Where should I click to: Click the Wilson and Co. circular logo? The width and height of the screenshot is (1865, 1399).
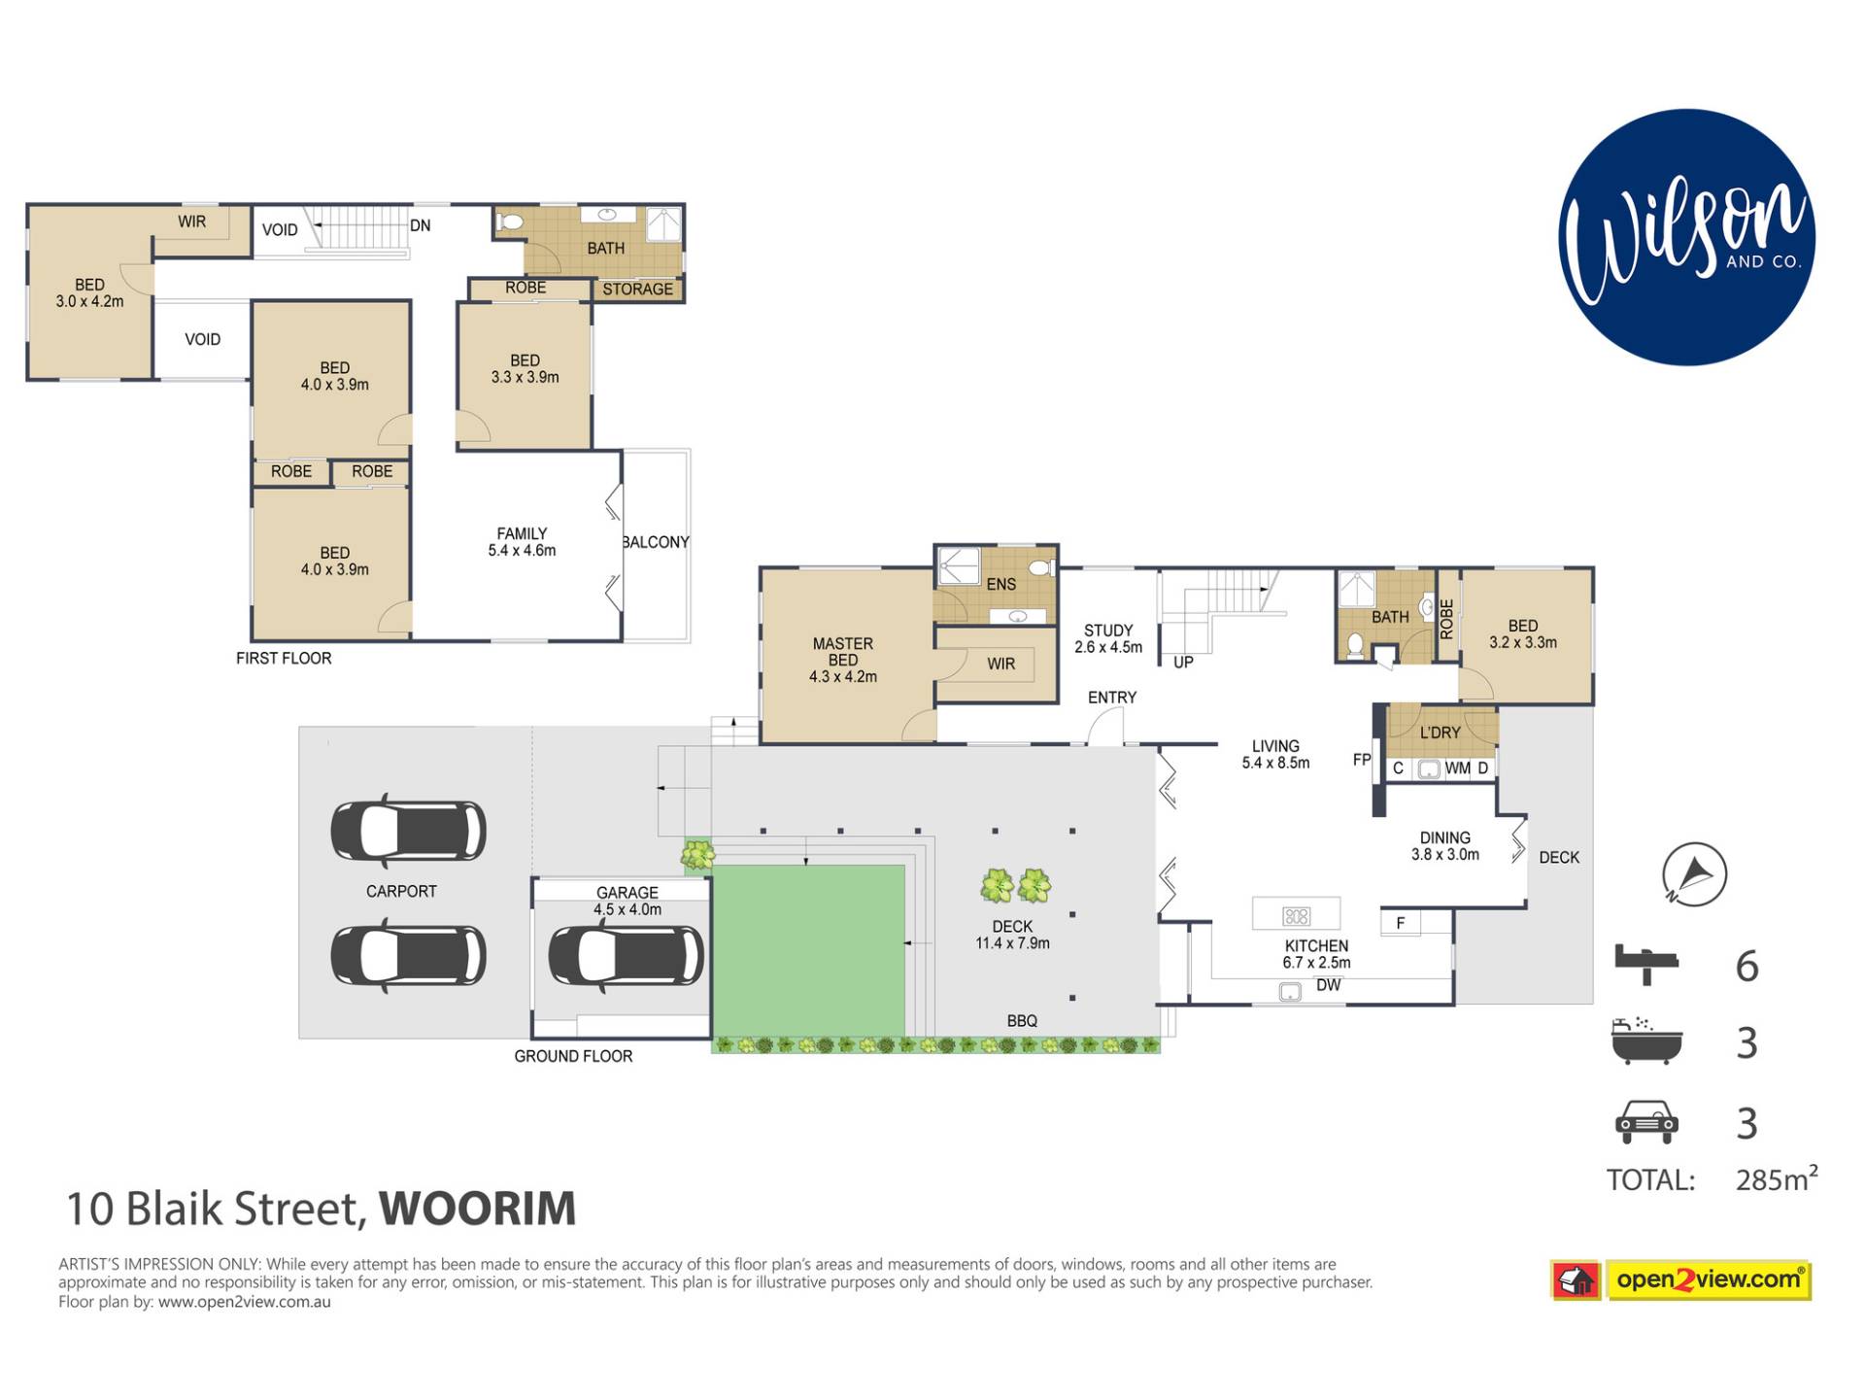coord(1686,237)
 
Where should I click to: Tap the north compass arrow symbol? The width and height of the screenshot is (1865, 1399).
coord(1694,874)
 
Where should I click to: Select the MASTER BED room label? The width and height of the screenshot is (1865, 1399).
coord(843,660)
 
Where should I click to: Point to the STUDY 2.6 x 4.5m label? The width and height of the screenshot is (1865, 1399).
coord(1108,638)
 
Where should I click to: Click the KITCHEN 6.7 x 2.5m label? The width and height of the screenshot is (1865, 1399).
coord(1316,954)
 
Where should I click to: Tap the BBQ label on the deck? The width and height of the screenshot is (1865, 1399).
coord(1022,1021)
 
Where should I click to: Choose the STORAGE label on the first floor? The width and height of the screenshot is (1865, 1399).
coord(637,290)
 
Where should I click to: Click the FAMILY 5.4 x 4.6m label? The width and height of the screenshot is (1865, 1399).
coord(522,542)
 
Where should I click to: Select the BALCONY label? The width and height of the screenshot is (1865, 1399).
coord(657,542)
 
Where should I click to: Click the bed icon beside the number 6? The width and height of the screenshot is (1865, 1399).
coord(1646,964)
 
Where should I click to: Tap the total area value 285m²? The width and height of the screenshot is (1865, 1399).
coord(1777,1177)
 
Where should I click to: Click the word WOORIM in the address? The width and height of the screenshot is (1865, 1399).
coord(477,1209)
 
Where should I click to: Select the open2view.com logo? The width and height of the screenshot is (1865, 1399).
coord(1681,1280)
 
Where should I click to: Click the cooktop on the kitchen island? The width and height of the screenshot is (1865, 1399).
coord(1297,915)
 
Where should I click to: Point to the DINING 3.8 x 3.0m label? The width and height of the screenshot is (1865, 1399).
coord(1444,846)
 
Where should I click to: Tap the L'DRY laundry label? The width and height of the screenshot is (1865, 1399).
coord(1440,733)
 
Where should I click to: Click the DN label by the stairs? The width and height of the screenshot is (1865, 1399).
coord(420,225)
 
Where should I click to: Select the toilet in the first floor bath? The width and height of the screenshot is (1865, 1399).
coord(509,222)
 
